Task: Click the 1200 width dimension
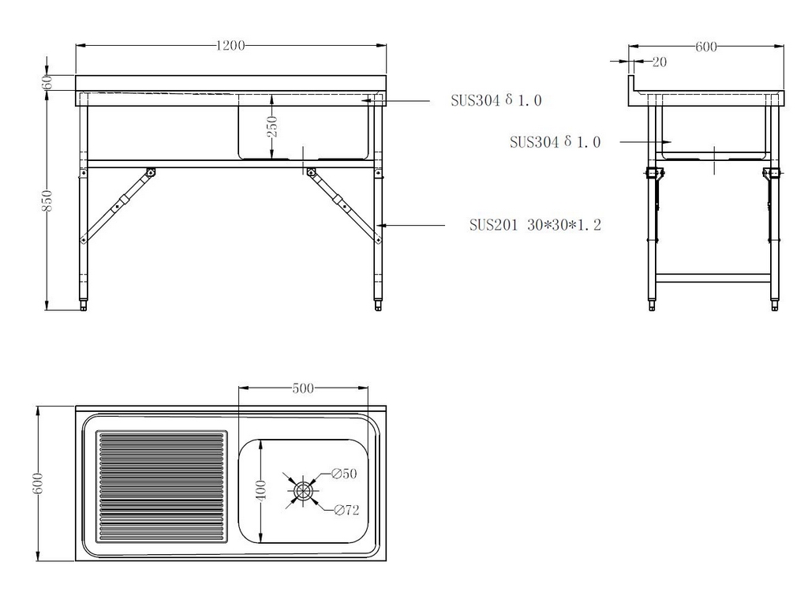click(230, 46)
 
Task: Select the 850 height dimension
click(47, 200)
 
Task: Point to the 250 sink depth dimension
click(272, 126)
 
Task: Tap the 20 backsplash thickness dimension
click(660, 62)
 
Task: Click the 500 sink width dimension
click(303, 388)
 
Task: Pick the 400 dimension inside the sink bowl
click(261, 490)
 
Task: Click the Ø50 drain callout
click(344, 474)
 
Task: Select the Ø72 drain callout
click(346, 510)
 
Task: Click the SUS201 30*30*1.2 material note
click(535, 225)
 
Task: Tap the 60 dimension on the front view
click(47, 81)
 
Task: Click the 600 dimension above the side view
click(706, 47)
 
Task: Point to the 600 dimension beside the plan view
click(38, 483)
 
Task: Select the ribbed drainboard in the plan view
click(162, 487)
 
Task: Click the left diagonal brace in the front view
click(118, 206)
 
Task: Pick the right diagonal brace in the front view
click(343, 206)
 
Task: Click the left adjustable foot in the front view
click(84, 304)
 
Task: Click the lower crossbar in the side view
click(713, 279)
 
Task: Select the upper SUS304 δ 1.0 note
click(496, 100)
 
